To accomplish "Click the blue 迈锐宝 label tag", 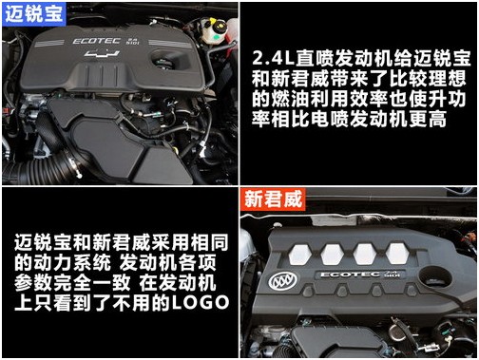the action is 34,14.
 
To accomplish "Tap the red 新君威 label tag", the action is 273,199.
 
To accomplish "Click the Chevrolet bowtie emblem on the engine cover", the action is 102,53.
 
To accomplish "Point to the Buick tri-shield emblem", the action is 283,280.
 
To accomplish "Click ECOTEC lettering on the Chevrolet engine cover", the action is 97,41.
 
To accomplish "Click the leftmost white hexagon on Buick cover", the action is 300,255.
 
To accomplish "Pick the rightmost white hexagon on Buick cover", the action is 397,254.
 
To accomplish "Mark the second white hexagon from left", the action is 333,255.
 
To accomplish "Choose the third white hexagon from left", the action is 365,254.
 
